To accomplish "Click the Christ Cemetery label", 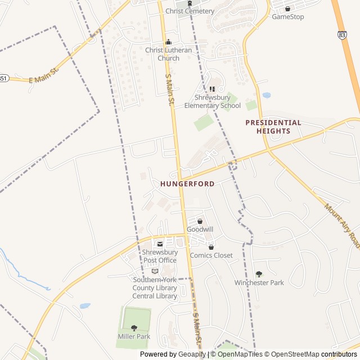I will [x=190, y=11].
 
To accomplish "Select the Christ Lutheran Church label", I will [x=169, y=54].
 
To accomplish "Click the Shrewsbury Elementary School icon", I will [x=213, y=89].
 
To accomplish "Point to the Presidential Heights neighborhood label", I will [x=273, y=127].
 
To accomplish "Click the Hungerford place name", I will [x=187, y=184].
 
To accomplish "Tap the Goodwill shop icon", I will [x=200, y=222].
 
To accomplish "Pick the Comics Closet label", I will [x=211, y=255].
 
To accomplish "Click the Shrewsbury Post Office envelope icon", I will [x=160, y=244].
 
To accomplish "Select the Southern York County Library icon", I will [x=155, y=271].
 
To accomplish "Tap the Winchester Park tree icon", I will [x=259, y=274].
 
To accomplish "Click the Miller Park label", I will [x=134, y=336].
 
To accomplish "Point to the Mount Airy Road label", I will [x=341, y=225].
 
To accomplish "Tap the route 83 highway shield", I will [x=343, y=35].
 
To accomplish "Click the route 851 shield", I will [x=3, y=78].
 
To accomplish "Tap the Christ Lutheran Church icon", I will [x=168, y=42].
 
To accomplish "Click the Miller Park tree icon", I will [x=134, y=328].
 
